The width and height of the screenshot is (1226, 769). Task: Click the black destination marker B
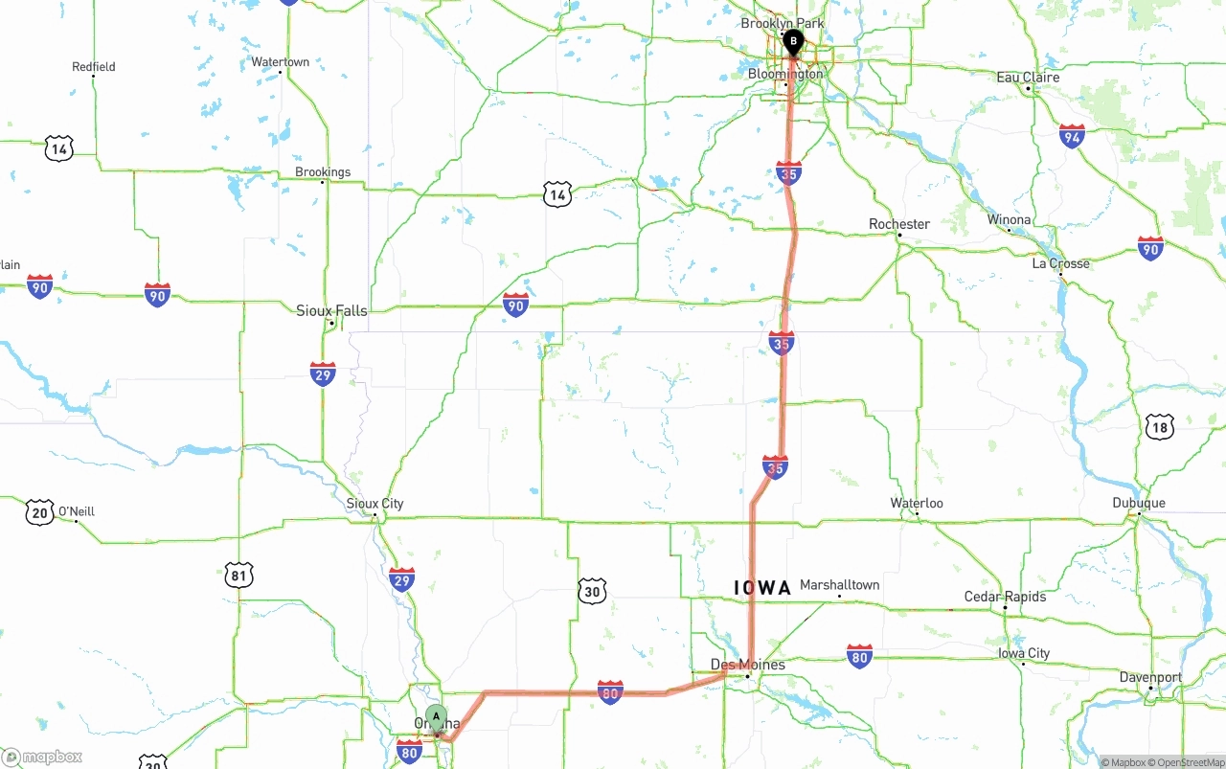(793, 41)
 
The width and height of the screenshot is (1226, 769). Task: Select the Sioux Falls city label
(331, 310)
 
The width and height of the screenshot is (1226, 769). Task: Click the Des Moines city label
(747, 664)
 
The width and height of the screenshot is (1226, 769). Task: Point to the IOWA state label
(762, 588)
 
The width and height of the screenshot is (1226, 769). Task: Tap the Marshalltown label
(839, 584)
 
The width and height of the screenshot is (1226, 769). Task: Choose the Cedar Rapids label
(1005, 597)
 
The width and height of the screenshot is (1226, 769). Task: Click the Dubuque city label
(1138, 503)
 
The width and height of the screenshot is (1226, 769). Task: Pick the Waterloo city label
(917, 503)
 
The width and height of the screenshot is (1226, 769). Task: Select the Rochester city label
(898, 224)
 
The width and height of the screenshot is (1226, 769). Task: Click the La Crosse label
(1060, 263)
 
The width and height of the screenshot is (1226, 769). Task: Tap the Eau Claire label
(1028, 77)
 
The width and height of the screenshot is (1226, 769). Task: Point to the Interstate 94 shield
(1072, 136)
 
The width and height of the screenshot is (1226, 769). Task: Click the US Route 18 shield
(1159, 427)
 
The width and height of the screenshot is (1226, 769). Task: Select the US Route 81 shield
(239, 575)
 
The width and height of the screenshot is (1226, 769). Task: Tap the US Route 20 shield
(39, 512)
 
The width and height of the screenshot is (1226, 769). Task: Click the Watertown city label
(280, 62)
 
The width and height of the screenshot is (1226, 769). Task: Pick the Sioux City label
(375, 504)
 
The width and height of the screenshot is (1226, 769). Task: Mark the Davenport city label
(1150, 677)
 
